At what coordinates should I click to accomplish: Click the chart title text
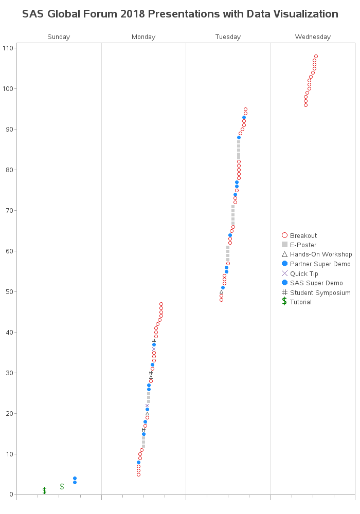[180, 14]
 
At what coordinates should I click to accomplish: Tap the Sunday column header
[59, 37]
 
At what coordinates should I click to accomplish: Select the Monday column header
[143, 37]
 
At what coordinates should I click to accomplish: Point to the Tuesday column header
[228, 37]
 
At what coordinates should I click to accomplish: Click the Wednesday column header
[313, 37]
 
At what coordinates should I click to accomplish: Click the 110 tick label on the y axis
[7, 48]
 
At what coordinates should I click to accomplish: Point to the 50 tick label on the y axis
[9, 292]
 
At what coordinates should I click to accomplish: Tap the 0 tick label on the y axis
[11, 494]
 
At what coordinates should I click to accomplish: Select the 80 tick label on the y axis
[9, 170]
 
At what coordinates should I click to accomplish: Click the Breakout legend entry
[303, 236]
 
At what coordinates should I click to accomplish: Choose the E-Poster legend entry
[303, 245]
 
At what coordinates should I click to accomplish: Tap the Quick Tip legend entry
[303, 274]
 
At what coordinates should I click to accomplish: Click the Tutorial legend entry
[300, 302]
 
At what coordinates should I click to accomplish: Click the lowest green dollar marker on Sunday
[44, 491]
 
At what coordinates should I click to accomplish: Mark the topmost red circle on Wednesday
[316, 57]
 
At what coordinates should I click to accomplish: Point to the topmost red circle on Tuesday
[245, 109]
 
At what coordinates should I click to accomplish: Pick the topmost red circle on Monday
[161, 304]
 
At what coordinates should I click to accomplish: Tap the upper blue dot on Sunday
[75, 479]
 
